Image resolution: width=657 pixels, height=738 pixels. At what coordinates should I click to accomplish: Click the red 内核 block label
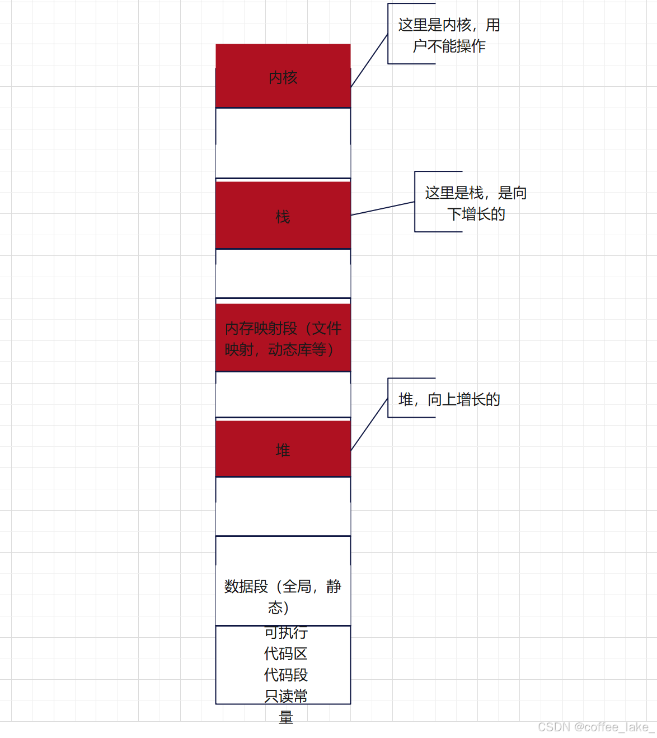click(x=283, y=78)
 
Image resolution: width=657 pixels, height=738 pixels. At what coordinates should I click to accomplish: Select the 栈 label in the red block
click(x=283, y=217)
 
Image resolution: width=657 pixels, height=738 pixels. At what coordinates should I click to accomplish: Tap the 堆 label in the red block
click(x=283, y=450)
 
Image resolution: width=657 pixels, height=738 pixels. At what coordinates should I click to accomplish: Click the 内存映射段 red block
click(x=283, y=339)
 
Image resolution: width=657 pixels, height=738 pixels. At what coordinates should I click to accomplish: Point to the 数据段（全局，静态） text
click(x=283, y=597)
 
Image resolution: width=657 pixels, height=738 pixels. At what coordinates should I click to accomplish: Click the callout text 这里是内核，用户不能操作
click(x=449, y=35)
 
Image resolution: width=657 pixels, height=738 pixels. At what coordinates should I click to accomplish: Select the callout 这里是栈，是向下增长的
click(x=476, y=203)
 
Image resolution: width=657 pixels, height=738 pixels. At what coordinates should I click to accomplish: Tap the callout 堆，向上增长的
click(x=449, y=399)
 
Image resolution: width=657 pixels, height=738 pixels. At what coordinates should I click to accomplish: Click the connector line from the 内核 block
click(x=369, y=60)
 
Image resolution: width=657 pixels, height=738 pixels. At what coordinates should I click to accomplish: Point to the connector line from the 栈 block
click(x=383, y=208)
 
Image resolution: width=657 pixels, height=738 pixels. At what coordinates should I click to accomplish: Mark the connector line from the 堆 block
click(x=369, y=424)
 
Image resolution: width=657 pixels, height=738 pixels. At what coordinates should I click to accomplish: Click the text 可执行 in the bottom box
click(x=286, y=633)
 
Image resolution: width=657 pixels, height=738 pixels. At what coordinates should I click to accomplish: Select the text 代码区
click(x=286, y=653)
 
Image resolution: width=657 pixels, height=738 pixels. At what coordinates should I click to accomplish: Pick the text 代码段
click(x=286, y=675)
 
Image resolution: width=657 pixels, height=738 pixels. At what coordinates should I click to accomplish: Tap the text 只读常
click(x=286, y=696)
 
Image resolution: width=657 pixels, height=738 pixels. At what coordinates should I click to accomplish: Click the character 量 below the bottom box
click(x=286, y=717)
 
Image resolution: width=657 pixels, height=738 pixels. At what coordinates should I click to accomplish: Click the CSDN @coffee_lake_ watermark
click(x=595, y=727)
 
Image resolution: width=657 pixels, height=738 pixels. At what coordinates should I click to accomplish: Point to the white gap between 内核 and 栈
click(x=283, y=143)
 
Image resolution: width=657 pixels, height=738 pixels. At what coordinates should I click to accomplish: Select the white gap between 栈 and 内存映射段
click(x=283, y=274)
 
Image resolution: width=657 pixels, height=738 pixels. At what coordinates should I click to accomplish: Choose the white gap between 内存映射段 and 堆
click(x=283, y=395)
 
